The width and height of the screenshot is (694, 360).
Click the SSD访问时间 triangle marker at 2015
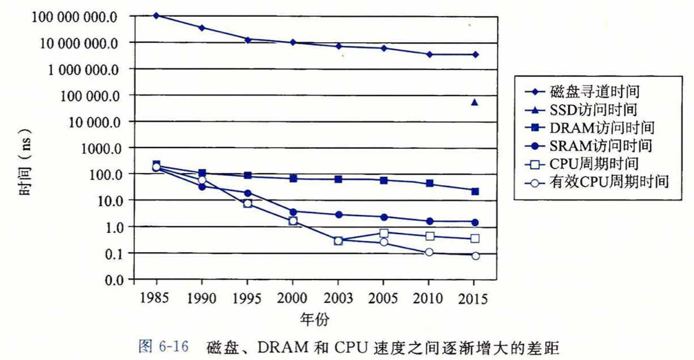[x=475, y=102]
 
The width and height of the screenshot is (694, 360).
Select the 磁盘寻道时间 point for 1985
[x=156, y=15]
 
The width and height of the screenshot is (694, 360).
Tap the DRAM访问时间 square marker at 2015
[x=475, y=191]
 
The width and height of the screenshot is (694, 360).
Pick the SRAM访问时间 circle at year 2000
[x=293, y=212]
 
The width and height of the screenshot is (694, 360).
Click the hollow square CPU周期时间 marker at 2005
[x=384, y=233]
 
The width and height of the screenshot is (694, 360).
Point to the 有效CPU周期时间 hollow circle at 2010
[x=429, y=252]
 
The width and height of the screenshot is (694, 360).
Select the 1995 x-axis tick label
[x=247, y=299]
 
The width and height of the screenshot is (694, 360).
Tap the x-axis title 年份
[x=315, y=320]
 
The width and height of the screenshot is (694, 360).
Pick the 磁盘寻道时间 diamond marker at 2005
[x=384, y=48]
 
